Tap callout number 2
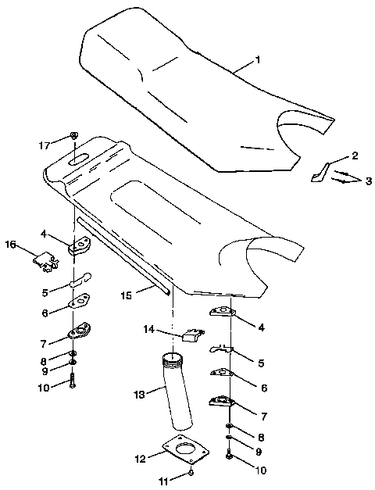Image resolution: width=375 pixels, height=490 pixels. pos(354,156)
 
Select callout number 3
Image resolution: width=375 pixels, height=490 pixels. pos(369,181)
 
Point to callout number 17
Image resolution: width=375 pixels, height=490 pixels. pos(45,145)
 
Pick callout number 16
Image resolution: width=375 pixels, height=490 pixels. pos(10,245)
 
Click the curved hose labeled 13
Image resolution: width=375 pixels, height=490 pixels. pos(179,399)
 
